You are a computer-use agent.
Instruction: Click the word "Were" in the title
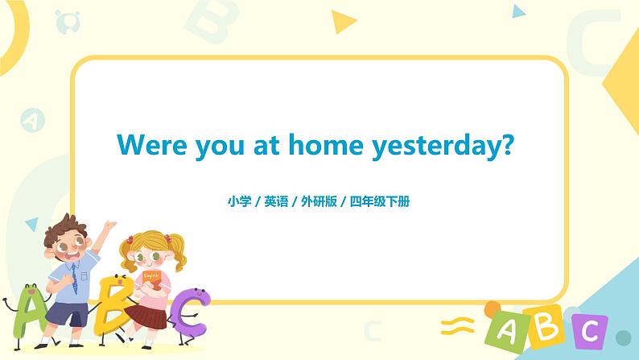click(x=151, y=145)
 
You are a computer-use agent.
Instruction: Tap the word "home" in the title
click(x=326, y=144)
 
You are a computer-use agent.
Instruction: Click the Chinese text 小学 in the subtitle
click(x=240, y=201)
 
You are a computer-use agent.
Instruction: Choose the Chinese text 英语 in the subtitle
click(x=276, y=201)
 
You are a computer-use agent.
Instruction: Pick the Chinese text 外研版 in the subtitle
click(x=319, y=201)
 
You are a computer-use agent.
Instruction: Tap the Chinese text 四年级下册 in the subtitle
click(x=380, y=201)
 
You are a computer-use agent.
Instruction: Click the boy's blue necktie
click(x=74, y=279)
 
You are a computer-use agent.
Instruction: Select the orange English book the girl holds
click(x=152, y=279)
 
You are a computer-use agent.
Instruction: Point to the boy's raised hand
click(x=109, y=225)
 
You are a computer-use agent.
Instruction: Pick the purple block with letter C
click(x=590, y=331)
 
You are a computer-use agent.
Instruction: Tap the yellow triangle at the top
click(x=343, y=22)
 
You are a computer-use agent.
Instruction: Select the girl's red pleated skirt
click(x=146, y=315)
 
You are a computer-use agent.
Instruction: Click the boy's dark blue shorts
click(x=68, y=314)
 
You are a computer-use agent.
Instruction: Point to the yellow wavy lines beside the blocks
click(x=458, y=326)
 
